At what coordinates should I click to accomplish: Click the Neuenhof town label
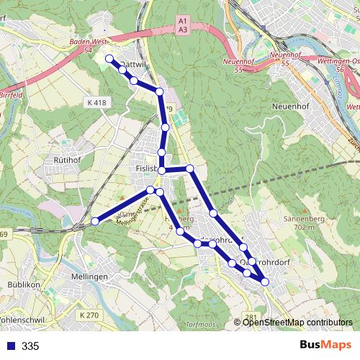(290, 106)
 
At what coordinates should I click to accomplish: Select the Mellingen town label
(90, 276)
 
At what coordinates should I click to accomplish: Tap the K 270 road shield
(89, 315)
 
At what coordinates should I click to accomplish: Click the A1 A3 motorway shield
(182, 26)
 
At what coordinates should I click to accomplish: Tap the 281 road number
(250, 318)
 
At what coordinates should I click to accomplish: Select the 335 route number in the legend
(30, 346)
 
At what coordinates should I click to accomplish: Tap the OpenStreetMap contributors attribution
(297, 323)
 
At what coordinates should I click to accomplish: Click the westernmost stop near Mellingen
(95, 222)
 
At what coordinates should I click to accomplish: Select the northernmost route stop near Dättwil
(109, 58)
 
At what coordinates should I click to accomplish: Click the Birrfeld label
(12, 94)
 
